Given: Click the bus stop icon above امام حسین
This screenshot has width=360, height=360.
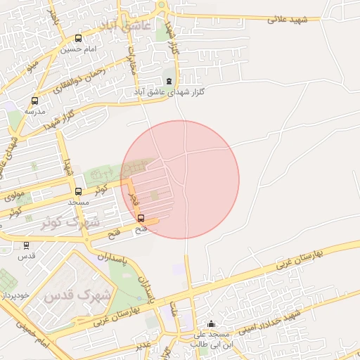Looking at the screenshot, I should coord(77,39).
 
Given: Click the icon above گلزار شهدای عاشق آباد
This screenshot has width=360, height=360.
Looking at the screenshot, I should coord(169,81).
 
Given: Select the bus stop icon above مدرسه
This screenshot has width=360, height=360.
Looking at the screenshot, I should coord(34,101).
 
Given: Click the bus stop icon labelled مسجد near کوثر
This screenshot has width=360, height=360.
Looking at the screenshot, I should coord(78,191).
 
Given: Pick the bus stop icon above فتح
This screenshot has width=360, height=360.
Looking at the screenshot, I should coord(141,218).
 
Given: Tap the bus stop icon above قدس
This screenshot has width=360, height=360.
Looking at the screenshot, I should coord(27,245).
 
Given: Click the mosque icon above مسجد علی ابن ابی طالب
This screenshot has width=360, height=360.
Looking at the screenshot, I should coord(212,324).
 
